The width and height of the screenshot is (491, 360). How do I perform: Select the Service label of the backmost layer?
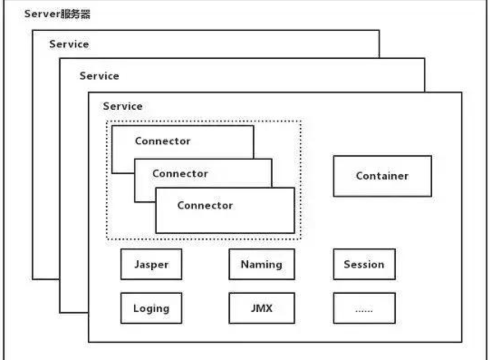[x=69, y=44]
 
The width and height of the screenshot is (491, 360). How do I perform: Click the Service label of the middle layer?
[x=99, y=76]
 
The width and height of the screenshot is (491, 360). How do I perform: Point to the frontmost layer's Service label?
[x=122, y=106]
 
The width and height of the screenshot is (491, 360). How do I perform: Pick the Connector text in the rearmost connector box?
[x=163, y=141]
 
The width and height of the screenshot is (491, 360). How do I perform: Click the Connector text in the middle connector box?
[x=180, y=174]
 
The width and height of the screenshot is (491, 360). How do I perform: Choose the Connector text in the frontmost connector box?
[x=205, y=205]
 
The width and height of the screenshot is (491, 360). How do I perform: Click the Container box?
[x=382, y=176]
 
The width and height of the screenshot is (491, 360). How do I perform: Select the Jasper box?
[x=151, y=264]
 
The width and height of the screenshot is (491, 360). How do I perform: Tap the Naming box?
[x=261, y=264]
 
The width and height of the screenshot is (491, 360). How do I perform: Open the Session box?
[x=364, y=264]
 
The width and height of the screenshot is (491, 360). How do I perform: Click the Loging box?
[x=151, y=308]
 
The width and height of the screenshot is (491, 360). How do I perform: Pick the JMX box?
[x=261, y=308]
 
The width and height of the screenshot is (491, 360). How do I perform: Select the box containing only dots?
[x=364, y=308]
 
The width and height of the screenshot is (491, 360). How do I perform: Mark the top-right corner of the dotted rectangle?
[x=301, y=121]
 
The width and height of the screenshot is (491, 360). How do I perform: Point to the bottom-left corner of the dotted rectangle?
[x=107, y=239]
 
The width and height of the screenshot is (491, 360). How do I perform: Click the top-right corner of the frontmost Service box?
[x=462, y=92]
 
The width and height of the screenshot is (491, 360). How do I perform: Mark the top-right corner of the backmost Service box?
[x=379, y=30]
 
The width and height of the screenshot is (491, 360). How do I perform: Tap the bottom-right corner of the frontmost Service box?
[x=462, y=342]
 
